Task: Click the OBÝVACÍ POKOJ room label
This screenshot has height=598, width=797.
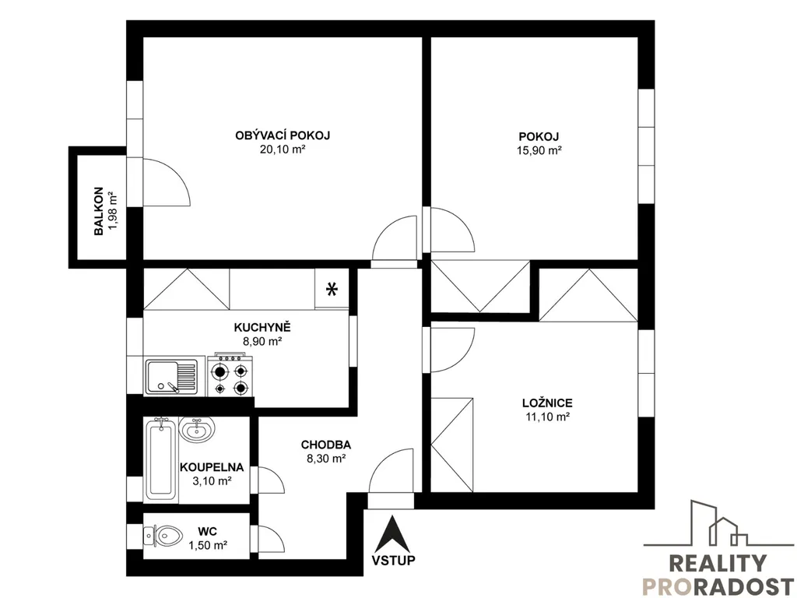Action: [x=283, y=135]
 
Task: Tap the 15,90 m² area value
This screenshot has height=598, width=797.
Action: [x=539, y=150]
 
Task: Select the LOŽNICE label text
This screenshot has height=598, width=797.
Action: [x=547, y=403]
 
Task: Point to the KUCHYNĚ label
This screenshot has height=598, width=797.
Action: [x=262, y=327]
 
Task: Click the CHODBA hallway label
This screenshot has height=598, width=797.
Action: [x=326, y=445]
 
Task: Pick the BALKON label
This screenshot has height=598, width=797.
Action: [x=99, y=212]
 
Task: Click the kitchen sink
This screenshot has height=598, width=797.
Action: [x=171, y=377]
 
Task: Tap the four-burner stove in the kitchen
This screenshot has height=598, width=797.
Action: [x=230, y=375]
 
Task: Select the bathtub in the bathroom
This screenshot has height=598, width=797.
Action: [x=160, y=459]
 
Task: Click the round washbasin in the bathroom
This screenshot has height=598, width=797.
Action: [x=197, y=429]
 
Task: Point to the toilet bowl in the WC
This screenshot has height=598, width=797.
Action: [x=167, y=535]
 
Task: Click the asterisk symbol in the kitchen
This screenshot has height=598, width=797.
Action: [x=332, y=290]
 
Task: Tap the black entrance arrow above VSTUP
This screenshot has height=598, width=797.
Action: [x=392, y=533]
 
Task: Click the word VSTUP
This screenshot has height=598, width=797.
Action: [x=393, y=561]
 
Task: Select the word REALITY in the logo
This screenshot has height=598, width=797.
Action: [x=717, y=564]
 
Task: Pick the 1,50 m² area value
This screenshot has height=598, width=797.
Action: [x=207, y=546]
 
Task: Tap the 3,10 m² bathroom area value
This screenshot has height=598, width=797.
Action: [x=212, y=480]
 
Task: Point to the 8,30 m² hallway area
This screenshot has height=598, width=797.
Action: [x=326, y=459]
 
